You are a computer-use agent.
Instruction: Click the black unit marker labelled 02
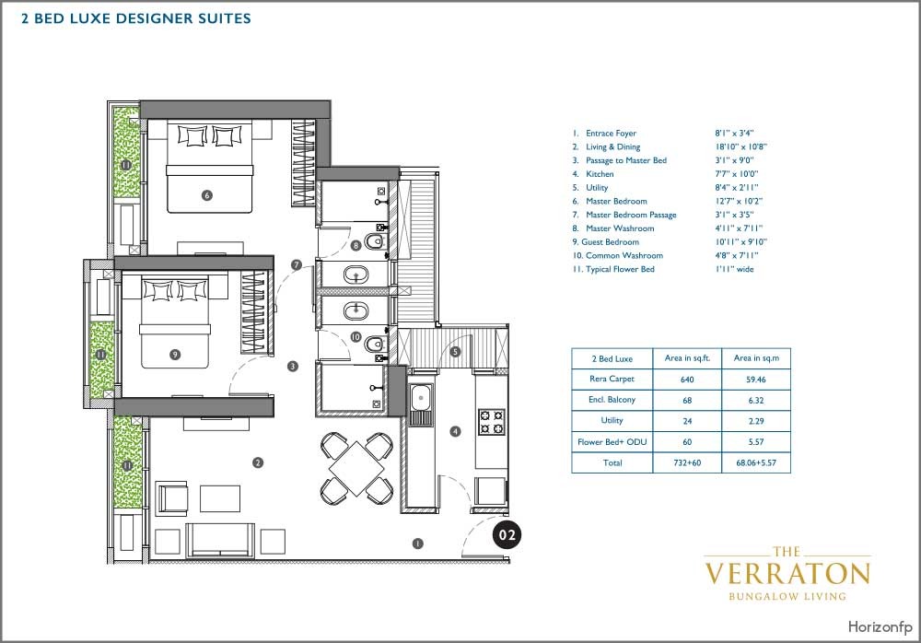tap(507, 535)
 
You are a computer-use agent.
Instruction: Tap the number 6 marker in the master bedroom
tap(206, 195)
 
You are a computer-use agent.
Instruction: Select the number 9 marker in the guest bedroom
tap(174, 355)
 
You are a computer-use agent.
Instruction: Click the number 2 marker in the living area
tap(257, 462)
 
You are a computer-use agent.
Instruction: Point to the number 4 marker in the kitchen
tap(455, 431)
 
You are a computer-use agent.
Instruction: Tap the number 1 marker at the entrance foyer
tap(417, 544)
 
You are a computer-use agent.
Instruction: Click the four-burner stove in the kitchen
tap(491, 421)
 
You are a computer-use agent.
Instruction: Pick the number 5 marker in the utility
tap(455, 352)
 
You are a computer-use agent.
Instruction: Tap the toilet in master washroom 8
tap(374, 241)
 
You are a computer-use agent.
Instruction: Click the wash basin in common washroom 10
tap(356, 310)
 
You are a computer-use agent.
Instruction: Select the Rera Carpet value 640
tap(687, 380)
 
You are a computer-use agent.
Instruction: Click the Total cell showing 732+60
tap(687, 462)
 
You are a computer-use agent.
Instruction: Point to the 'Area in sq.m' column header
tap(756, 358)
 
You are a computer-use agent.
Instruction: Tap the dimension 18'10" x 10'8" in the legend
tap(741, 147)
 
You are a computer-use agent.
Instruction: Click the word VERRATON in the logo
tap(787, 574)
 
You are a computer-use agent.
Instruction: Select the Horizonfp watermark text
tap(880, 626)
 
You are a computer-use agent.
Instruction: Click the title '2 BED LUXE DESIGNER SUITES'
tap(136, 18)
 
